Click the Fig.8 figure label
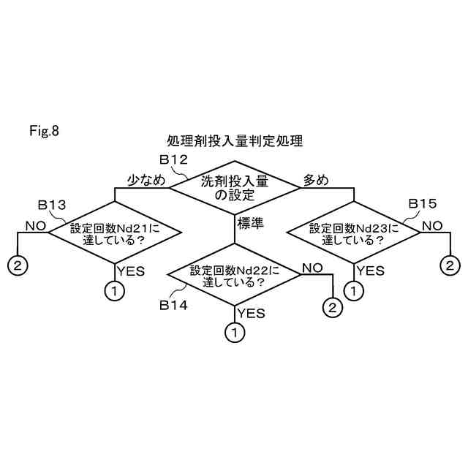click(x=43, y=132)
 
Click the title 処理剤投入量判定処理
click(x=234, y=140)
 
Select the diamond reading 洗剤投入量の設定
click(x=235, y=188)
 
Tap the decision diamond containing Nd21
click(x=115, y=233)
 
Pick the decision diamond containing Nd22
click(x=234, y=275)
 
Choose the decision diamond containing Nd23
click(x=353, y=233)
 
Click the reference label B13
click(x=51, y=205)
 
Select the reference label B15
click(x=422, y=203)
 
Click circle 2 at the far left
click(x=17, y=264)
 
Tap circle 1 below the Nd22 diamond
click(x=234, y=333)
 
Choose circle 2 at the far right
click(x=450, y=264)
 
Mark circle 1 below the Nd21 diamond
click(x=115, y=290)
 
